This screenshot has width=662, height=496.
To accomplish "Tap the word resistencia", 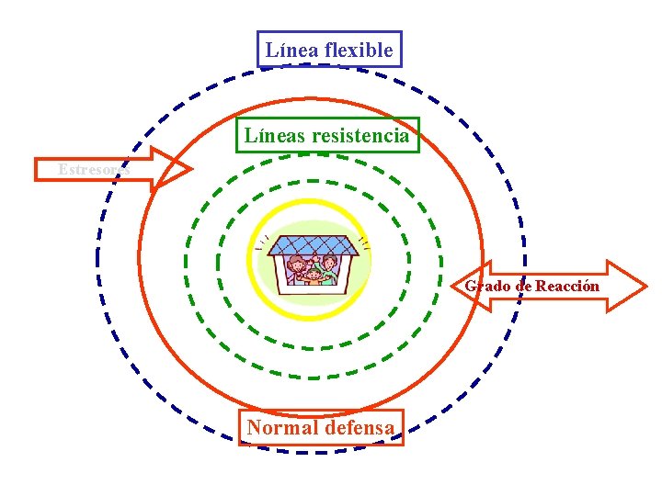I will (360, 136).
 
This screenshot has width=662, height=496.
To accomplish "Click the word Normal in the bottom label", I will (281, 427).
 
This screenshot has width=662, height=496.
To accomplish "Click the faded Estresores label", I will (92, 169).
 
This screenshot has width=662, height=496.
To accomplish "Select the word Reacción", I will (567, 286).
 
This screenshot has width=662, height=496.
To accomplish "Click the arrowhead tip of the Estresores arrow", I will (190, 168).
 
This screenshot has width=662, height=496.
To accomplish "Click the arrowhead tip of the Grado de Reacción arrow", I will (645, 286).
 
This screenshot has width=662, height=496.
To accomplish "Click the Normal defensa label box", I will (321, 427).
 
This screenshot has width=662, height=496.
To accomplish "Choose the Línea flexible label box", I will (328, 51).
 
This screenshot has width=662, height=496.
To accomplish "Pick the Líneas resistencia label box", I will (326, 136).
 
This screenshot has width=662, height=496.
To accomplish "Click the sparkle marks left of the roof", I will (263, 242).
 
